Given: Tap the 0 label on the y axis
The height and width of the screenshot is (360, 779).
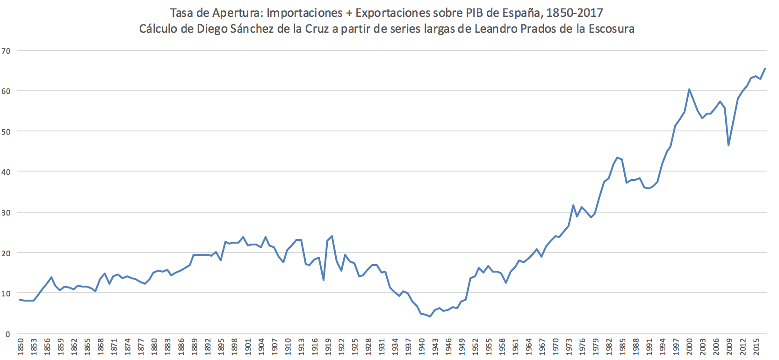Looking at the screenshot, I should (7, 334).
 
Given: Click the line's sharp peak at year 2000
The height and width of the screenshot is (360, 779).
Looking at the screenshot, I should (689, 89).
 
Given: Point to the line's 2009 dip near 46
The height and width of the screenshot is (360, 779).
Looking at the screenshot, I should (729, 145).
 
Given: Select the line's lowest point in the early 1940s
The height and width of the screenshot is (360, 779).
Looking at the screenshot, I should (430, 317).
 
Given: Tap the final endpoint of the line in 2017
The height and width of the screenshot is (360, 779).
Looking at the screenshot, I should (765, 69).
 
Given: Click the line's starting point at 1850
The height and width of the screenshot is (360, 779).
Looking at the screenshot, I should (20, 300).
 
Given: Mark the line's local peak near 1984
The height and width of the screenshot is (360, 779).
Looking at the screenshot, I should (618, 158).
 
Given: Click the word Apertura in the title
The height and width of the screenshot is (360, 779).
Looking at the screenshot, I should (237, 13).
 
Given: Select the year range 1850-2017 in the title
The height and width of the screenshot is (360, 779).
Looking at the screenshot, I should (575, 13).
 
